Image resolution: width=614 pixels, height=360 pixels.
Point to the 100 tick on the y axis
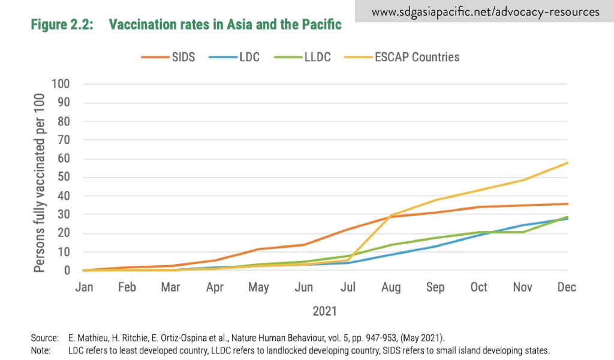tap(61, 84)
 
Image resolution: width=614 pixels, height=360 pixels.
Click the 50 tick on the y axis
tap(64, 178)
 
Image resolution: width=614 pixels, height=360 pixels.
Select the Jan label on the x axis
tap(84, 287)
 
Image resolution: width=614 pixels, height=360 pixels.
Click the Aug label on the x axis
tap(392, 287)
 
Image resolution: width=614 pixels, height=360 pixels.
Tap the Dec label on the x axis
tap(567, 287)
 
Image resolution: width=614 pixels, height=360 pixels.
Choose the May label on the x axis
tap(259, 287)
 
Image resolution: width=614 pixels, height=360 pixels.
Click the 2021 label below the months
tap(324, 311)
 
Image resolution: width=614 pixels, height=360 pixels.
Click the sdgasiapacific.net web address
tap(485, 11)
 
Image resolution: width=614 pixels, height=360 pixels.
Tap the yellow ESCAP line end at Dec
tap(567, 163)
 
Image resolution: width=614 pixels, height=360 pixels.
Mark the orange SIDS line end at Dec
tap(567, 204)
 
